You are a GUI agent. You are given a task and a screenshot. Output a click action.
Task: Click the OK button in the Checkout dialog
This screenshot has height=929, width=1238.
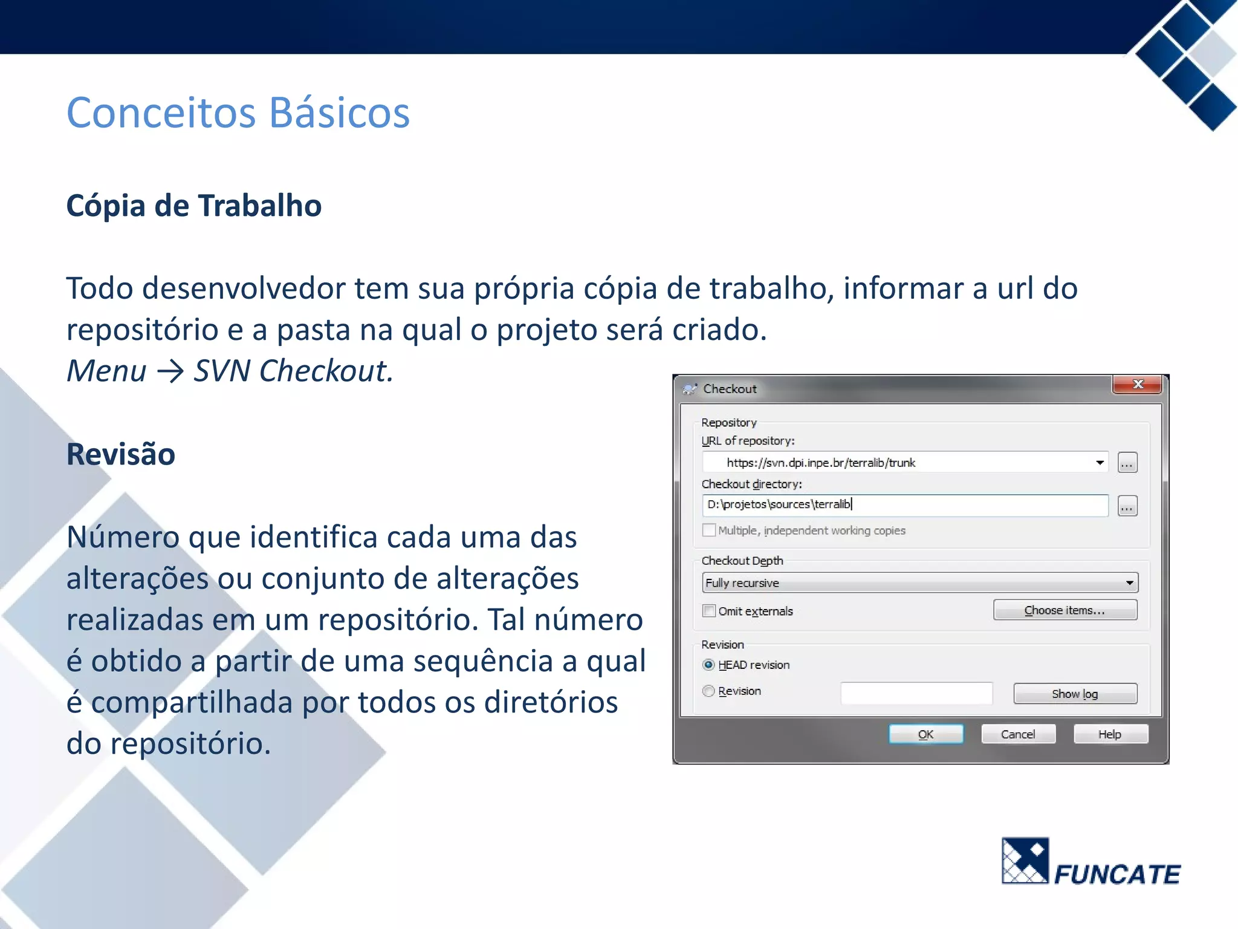click(925, 734)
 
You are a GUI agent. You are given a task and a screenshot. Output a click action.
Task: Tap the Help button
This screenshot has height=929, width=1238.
click(1110, 734)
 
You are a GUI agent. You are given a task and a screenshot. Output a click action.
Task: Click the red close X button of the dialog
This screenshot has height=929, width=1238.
click(1137, 385)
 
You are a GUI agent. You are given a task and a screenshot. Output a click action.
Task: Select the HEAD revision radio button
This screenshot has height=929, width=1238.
click(709, 665)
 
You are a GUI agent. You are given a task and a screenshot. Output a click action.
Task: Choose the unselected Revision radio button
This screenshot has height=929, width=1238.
click(709, 691)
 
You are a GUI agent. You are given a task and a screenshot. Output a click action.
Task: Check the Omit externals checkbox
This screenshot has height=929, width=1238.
click(709, 611)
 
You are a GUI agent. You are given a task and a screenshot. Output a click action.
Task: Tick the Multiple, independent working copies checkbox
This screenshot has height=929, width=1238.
click(709, 530)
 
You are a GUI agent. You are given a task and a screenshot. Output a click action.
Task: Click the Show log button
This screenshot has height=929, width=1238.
click(1075, 694)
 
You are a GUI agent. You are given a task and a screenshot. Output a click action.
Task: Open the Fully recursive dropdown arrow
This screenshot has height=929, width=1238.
click(1129, 583)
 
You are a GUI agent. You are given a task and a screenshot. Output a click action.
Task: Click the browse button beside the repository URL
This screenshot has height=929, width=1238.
click(1127, 463)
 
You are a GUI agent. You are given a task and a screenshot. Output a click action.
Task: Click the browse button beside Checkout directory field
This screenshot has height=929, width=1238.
click(1127, 506)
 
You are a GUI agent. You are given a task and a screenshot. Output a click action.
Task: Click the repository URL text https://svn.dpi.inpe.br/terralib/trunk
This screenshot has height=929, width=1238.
click(821, 463)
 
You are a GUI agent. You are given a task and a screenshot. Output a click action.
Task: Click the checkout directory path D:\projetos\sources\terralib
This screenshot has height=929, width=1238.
click(779, 504)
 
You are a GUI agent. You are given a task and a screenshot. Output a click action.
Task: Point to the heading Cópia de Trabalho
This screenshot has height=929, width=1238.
click(193, 206)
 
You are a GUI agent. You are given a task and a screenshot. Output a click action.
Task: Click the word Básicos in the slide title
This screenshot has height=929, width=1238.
click(339, 113)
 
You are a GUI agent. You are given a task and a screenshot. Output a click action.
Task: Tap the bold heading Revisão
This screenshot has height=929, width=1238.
click(121, 454)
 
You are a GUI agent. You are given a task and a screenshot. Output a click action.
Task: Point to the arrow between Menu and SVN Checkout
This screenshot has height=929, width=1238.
click(170, 371)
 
